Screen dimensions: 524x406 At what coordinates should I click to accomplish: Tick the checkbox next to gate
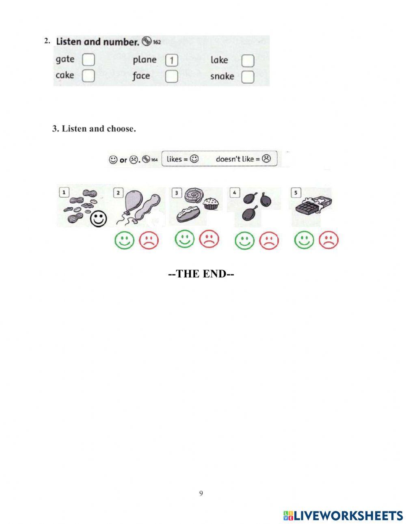(x=89, y=60)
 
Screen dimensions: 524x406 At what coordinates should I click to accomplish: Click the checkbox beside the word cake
(x=89, y=75)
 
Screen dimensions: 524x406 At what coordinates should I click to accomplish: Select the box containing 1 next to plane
(x=172, y=60)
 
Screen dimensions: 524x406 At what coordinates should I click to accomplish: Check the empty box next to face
(x=172, y=76)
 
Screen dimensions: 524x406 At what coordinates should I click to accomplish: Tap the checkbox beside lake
(x=248, y=61)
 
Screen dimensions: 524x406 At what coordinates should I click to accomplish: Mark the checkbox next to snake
(x=248, y=77)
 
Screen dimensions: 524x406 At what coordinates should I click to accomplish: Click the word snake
(x=222, y=76)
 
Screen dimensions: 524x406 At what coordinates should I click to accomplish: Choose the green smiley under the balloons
(x=124, y=240)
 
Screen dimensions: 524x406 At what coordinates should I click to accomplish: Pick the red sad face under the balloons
(x=149, y=240)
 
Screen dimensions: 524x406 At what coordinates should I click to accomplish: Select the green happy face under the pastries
(x=185, y=239)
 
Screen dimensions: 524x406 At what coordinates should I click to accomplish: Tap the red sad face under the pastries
(x=209, y=239)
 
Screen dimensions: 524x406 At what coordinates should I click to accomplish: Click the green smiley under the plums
(x=244, y=240)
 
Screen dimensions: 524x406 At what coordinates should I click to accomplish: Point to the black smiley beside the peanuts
(x=98, y=219)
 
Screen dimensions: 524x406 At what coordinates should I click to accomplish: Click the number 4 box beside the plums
(x=234, y=192)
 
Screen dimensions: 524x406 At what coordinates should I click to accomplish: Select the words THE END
(x=201, y=274)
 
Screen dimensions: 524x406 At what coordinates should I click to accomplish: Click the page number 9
(x=201, y=494)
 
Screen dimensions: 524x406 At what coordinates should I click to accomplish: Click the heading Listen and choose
(x=94, y=129)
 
